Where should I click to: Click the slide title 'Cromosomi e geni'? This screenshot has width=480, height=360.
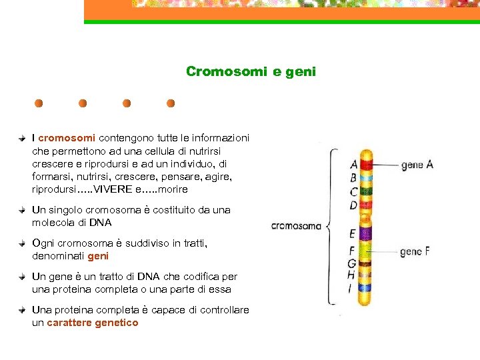click(251, 71)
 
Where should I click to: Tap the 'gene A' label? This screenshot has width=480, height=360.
click(417, 165)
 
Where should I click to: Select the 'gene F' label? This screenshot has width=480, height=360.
click(414, 252)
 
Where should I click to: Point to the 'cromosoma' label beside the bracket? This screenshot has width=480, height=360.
click(296, 226)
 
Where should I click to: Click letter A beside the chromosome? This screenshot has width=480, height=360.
click(353, 165)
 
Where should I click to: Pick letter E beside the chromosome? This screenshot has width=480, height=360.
click(352, 234)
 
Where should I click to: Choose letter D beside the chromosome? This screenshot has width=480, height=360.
click(353, 205)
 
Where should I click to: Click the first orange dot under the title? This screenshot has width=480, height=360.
click(39, 103)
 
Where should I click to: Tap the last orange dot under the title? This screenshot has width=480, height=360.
click(171, 103)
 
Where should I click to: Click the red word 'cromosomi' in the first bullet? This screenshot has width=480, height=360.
click(67, 138)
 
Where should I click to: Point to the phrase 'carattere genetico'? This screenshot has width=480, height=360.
click(93, 323)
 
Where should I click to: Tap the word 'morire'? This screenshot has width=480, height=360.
click(173, 189)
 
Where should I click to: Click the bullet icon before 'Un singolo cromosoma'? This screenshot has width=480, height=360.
click(22, 209)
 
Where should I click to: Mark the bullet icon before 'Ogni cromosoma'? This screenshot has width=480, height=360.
click(22, 243)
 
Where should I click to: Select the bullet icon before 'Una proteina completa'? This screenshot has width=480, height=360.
click(22, 310)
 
